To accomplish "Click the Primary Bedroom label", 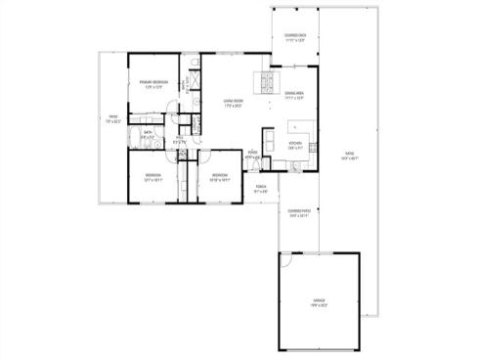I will pos(153,82).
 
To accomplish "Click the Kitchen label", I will pos(296,143).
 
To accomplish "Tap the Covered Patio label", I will pos(298,210).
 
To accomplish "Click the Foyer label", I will pos(252,152).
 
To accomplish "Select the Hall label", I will pos(180,138).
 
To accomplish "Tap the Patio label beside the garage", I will pos(349,154).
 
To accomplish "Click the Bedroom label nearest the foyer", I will pos(220,176).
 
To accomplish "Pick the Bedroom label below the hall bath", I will pos(153,176).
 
